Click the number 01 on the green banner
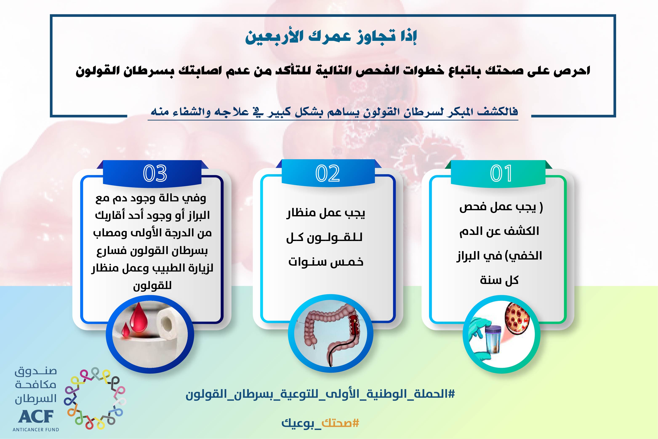point(501,173)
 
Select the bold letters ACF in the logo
point(36,417)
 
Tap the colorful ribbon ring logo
point(95,399)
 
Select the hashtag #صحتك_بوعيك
point(320,423)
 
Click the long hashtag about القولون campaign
point(320,394)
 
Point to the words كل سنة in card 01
point(499,280)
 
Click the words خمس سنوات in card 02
point(326,262)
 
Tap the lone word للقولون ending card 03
point(152,286)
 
